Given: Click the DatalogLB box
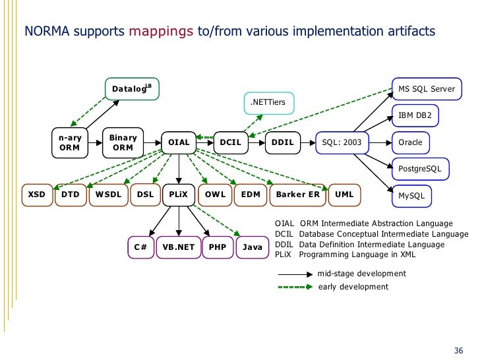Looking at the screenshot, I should click(x=131, y=89).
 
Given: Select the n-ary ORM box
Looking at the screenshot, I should click(x=69, y=142).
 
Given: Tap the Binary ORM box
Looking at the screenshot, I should click(x=123, y=142).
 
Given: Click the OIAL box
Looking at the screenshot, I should click(x=179, y=142).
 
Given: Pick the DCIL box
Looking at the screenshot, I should click(x=230, y=142).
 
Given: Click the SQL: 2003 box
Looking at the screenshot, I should click(x=342, y=142).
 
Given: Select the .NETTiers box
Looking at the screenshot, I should click(x=269, y=102).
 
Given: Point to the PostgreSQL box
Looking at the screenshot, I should click(x=421, y=169).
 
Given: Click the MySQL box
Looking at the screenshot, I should click(x=412, y=196).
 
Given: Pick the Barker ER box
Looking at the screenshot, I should click(x=297, y=195).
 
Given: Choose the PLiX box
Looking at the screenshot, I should click(x=179, y=195).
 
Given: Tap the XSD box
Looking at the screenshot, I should click(x=36, y=195).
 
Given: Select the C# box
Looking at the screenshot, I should click(x=140, y=247).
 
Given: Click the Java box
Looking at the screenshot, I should click(x=253, y=247).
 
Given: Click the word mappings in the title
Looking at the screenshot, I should click(x=162, y=31).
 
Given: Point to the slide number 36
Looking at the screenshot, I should click(x=459, y=349).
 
